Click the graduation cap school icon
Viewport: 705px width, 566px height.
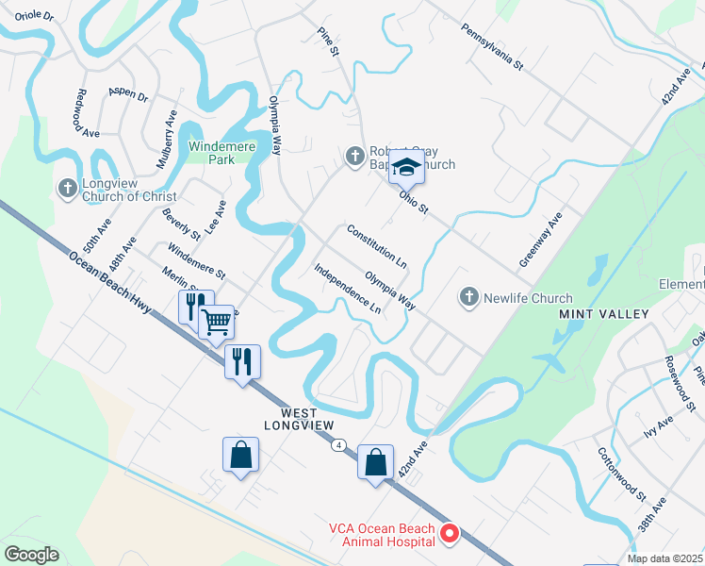pos(407,167)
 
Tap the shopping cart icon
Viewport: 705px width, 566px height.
pos(217,323)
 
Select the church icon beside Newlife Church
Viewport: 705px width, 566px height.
pos(468,298)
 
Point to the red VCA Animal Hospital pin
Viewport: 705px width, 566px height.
pos(450,534)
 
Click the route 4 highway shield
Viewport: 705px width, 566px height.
pos(338,444)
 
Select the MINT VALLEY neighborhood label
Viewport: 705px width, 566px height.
pos(603,314)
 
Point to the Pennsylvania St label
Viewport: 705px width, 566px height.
pos(491,48)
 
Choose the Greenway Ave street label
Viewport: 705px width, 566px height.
pos(540,239)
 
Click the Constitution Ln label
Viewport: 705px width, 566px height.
pos(377,244)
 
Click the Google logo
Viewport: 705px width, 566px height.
pos(31,555)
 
